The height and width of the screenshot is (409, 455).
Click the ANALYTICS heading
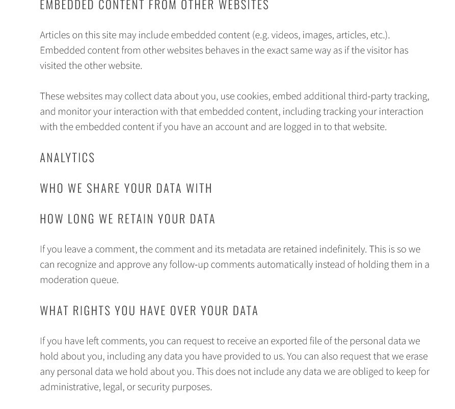point(67,158)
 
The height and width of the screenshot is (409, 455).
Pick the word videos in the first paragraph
point(284,35)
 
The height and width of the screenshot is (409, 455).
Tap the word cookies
point(252,96)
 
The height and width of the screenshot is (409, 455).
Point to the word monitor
point(74,112)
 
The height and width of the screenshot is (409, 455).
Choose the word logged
point(298,127)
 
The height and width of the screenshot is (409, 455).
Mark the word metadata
point(246,249)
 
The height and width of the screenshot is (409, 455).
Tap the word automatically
point(285,265)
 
